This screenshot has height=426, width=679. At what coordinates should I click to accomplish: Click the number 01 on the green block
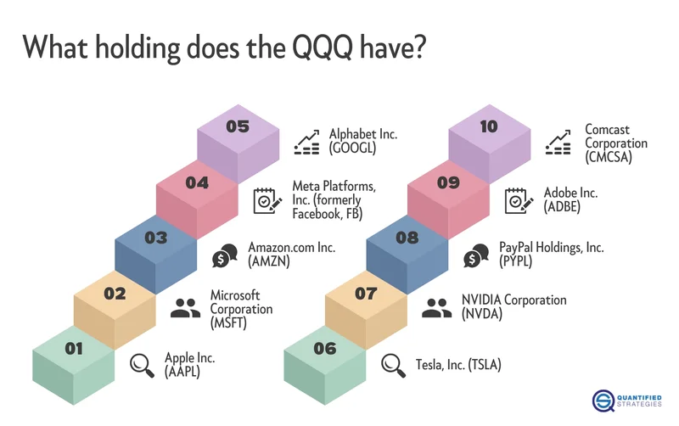pos(74,347)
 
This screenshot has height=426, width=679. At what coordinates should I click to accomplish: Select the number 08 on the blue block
pos(407,238)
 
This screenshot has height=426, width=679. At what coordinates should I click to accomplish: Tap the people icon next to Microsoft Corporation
pos(185,308)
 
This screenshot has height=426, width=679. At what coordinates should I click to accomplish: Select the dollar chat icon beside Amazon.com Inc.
pos(225,255)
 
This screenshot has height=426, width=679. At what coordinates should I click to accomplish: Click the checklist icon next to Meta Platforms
pos(267,200)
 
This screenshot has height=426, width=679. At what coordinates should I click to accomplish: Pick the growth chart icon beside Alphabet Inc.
pos(306,142)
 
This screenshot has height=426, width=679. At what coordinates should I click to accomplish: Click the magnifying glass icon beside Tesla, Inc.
pos(392,364)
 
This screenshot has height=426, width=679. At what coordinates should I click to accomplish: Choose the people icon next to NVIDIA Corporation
pos(435,308)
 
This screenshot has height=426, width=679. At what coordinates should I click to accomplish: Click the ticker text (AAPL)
pos(182,372)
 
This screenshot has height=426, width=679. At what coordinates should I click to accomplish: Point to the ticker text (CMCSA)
pos(608,156)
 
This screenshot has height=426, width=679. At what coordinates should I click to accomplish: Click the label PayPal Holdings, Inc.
pos(551,248)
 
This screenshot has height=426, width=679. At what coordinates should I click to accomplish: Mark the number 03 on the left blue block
pos(155,238)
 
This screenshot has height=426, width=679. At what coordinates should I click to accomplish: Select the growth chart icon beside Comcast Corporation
pos(558,142)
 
